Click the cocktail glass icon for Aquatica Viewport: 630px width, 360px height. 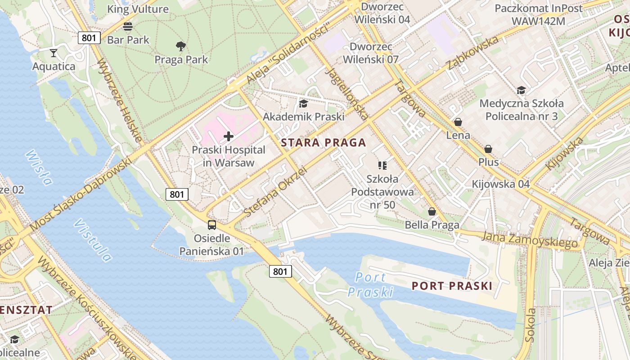click(54, 53)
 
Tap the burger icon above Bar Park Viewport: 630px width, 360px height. click(128, 26)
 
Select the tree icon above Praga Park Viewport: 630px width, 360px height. click(181, 46)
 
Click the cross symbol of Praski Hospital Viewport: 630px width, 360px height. click(229, 136)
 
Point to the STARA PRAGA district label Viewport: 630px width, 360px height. click(323, 143)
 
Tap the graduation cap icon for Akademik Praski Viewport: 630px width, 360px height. click(303, 104)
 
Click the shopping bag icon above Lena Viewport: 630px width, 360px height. click(458, 122)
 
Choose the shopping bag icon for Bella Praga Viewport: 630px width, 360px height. click(432, 211)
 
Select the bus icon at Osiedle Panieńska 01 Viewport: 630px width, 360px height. click(211, 225)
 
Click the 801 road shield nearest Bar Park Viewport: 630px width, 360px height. click(89, 38)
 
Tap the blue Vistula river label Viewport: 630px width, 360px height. click(93, 241)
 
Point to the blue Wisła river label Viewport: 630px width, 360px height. click(39, 167)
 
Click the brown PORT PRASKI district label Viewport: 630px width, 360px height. click(452, 286)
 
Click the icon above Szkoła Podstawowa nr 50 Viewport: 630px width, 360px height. click(382, 166)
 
